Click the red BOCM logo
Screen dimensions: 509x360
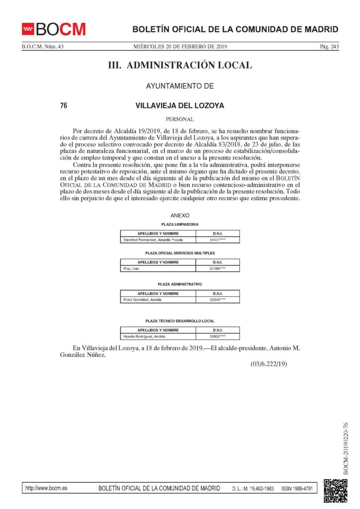tap(54, 29)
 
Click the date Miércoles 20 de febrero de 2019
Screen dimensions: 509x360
tap(180, 47)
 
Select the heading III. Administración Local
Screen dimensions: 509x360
tap(180, 65)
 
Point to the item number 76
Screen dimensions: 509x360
tap(64, 105)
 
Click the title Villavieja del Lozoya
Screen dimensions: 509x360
tap(180, 105)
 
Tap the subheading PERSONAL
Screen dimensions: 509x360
tap(180, 119)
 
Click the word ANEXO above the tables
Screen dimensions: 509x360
tap(180, 216)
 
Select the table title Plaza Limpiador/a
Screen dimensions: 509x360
tap(180, 225)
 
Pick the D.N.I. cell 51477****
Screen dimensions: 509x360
tap(217, 240)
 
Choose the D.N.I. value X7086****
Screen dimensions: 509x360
tap(217, 269)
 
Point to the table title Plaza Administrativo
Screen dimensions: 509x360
tap(180, 284)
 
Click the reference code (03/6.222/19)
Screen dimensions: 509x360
tap(269, 365)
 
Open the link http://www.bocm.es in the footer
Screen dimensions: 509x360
tap(46, 489)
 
